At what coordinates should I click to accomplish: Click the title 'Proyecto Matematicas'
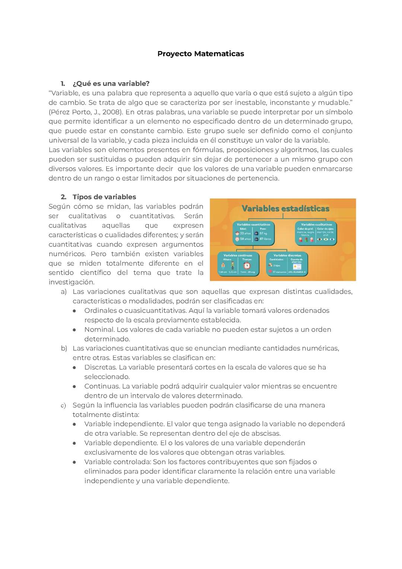click(201, 54)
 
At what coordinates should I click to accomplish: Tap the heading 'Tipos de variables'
click(104, 197)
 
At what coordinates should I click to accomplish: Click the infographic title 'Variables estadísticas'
click(285, 209)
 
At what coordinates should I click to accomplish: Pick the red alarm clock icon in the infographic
click(247, 265)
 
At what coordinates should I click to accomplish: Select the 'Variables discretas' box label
click(287, 255)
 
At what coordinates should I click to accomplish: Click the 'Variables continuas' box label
click(237, 255)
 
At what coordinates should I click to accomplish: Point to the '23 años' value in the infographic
click(245, 233)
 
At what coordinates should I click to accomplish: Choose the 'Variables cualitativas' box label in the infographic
click(316, 225)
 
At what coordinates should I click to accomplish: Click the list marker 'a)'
click(64, 292)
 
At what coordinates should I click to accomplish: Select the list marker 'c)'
click(63, 405)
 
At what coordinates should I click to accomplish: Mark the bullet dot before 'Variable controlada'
click(75, 462)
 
